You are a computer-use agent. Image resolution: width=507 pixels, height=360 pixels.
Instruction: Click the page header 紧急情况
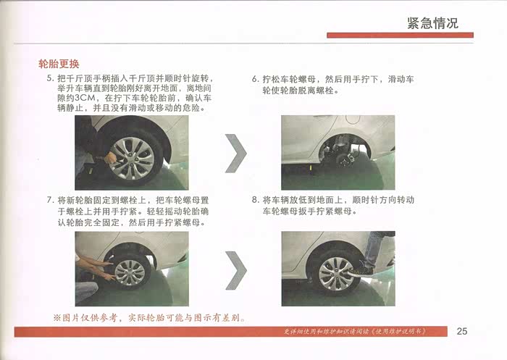(432, 23)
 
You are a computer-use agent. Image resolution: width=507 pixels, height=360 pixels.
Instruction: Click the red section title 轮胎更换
(59, 64)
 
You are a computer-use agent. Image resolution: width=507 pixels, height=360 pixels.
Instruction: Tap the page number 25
(462, 331)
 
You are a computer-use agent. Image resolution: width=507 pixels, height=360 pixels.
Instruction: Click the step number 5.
(50, 78)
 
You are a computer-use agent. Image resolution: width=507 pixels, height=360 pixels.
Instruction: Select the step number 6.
(256, 79)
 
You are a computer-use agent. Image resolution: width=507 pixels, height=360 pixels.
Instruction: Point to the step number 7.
(50, 200)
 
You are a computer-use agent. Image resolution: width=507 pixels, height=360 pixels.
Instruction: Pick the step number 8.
(256, 200)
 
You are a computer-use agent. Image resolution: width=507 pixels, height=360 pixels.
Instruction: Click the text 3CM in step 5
(85, 98)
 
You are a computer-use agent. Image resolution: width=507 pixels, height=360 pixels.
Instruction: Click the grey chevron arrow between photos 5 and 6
(236, 153)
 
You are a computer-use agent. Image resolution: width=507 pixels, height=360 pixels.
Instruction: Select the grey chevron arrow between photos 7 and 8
(236, 270)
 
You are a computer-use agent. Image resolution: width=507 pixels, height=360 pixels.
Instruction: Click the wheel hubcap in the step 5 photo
(132, 158)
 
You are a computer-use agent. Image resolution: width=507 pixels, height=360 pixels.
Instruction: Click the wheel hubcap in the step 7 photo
(130, 272)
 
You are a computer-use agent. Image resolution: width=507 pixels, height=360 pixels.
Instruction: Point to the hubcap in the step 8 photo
(336, 274)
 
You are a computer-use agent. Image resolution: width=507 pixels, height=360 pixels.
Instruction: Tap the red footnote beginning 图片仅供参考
(149, 318)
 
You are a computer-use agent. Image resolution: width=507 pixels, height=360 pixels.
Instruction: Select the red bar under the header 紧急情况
(400, 35)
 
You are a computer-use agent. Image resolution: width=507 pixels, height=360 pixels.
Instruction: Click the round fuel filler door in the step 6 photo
(353, 119)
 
